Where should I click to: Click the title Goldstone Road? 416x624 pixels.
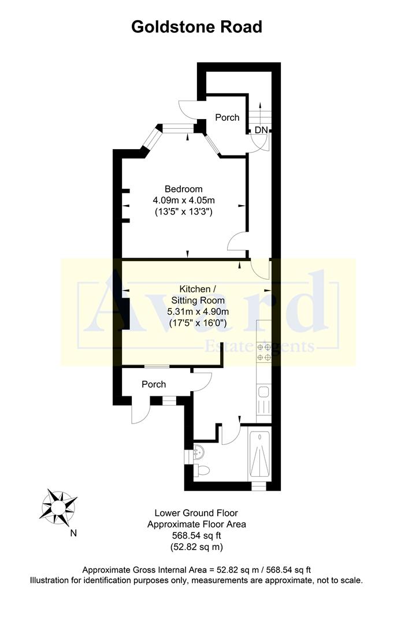(x=196, y=27)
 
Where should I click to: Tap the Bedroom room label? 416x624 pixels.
(x=184, y=189)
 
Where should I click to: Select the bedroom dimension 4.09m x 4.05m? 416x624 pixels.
(x=184, y=200)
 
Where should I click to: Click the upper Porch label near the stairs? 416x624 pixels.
(x=227, y=117)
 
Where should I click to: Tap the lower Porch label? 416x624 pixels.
(x=154, y=384)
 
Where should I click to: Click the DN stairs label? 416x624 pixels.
(x=261, y=131)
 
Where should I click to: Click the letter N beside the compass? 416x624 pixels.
(x=73, y=533)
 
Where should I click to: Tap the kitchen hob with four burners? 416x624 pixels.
(x=264, y=352)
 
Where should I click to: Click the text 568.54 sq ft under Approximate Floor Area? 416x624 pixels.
(x=196, y=536)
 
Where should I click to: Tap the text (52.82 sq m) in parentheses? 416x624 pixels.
(x=196, y=547)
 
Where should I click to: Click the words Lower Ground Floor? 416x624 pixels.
(x=196, y=513)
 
